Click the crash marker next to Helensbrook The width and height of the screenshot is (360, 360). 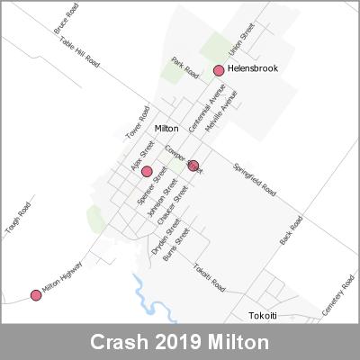(x=218, y=70)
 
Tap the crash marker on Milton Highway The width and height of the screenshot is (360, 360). (x=36, y=295)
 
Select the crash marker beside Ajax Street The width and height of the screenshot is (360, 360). (x=147, y=171)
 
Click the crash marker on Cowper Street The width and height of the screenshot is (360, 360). (x=193, y=165)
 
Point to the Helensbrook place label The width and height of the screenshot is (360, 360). (x=253, y=68)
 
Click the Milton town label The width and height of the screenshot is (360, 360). (x=166, y=129)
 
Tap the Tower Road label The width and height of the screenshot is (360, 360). (x=136, y=125)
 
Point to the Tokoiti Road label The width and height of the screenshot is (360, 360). (x=210, y=275)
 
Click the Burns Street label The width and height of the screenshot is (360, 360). (x=183, y=240)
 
